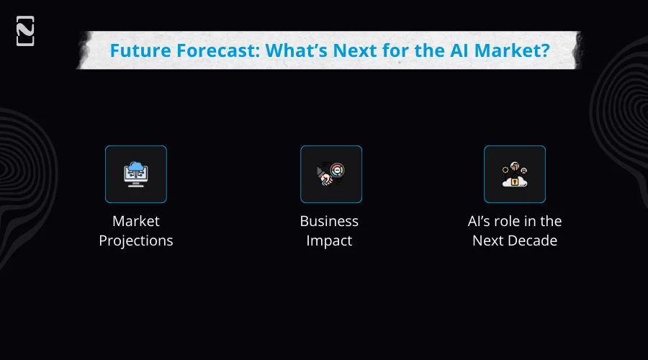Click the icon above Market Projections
[x=136, y=174]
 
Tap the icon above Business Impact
[x=330, y=174]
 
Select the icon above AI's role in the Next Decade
[x=514, y=174]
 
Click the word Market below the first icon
[x=136, y=221]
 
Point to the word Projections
[x=136, y=241]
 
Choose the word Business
[x=329, y=221]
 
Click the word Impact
[x=329, y=240]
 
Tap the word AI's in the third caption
[x=482, y=221]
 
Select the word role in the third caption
[x=514, y=221]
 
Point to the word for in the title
[x=387, y=51]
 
